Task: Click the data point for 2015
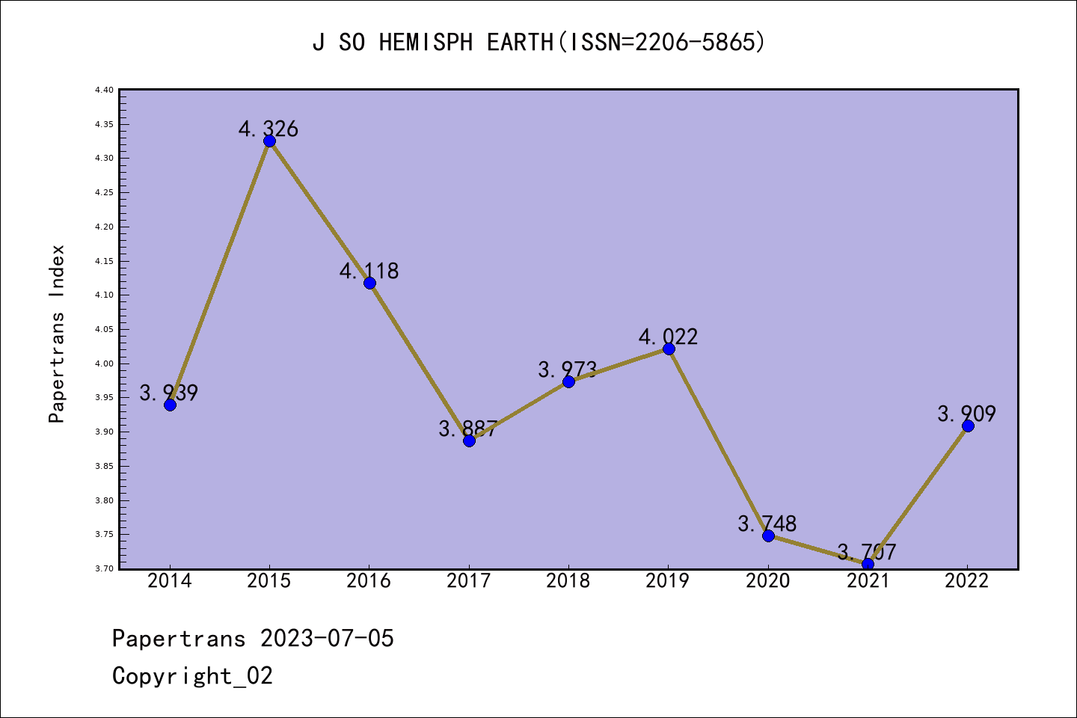[269, 141]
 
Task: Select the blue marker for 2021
[868, 564]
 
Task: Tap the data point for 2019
[669, 349]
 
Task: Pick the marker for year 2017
[469, 441]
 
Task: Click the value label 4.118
[369, 271]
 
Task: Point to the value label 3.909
[967, 414]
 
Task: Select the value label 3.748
[767, 524]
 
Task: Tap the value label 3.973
[568, 369]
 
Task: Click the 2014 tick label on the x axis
[170, 581]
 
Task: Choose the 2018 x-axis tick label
[568, 581]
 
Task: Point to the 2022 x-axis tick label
[967, 581]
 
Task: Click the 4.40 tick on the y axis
[105, 90]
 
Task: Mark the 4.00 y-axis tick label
[105, 363]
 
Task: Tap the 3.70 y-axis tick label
[105, 569]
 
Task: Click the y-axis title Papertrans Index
[58, 334]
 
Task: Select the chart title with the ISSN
[538, 43]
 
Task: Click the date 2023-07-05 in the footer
[327, 639]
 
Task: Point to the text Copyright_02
[192, 676]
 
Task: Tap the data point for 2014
[170, 405]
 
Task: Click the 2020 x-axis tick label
[768, 581]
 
